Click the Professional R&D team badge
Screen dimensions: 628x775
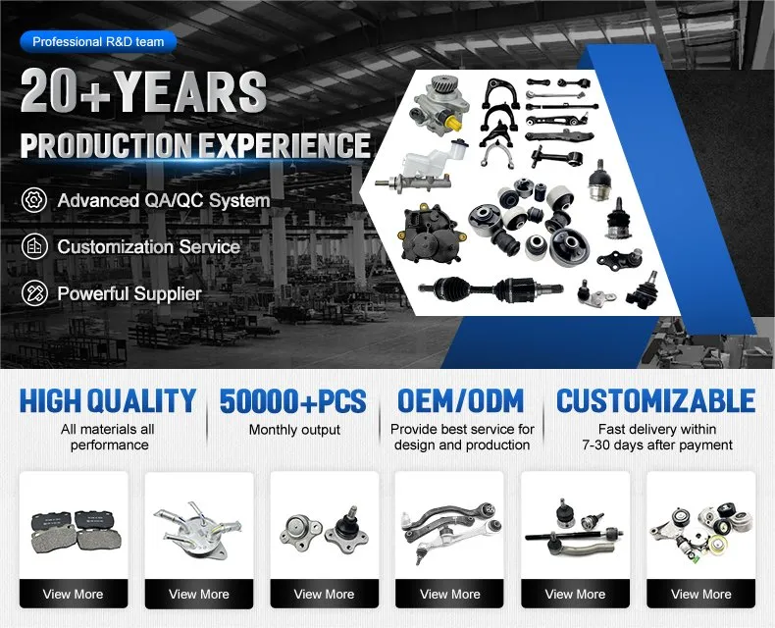coord(98,42)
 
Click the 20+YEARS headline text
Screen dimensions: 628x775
coord(143,92)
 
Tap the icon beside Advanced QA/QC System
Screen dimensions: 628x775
coord(34,200)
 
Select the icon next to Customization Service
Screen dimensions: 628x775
coord(34,246)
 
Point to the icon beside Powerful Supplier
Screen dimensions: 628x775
coord(34,293)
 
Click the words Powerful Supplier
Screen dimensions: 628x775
coord(129,293)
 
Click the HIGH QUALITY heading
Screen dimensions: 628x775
coord(107,400)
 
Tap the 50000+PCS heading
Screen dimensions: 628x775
coord(293,400)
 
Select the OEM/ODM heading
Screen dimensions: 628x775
coord(461,400)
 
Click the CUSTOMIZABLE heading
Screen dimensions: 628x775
coord(655,400)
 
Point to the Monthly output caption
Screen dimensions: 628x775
coord(294,430)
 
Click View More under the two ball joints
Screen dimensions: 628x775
coord(324,594)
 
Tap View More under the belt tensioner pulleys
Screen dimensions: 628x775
coord(700,594)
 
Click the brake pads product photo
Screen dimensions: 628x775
coord(74,530)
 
